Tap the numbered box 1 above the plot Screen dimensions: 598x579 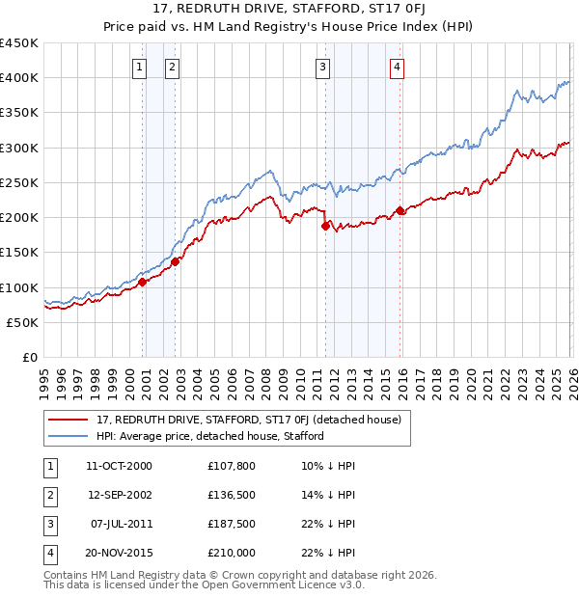click(140, 67)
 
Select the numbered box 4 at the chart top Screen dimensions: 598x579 click(397, 67)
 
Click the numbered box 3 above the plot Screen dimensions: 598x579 click(321, 67)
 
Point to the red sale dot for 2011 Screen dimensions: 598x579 click(325, 227)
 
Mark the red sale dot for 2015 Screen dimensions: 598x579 click(400, 210)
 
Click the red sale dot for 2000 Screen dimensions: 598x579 click(142, 283)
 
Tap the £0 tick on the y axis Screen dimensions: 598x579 click(31, 357)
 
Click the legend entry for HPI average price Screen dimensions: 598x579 click(209, 436)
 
